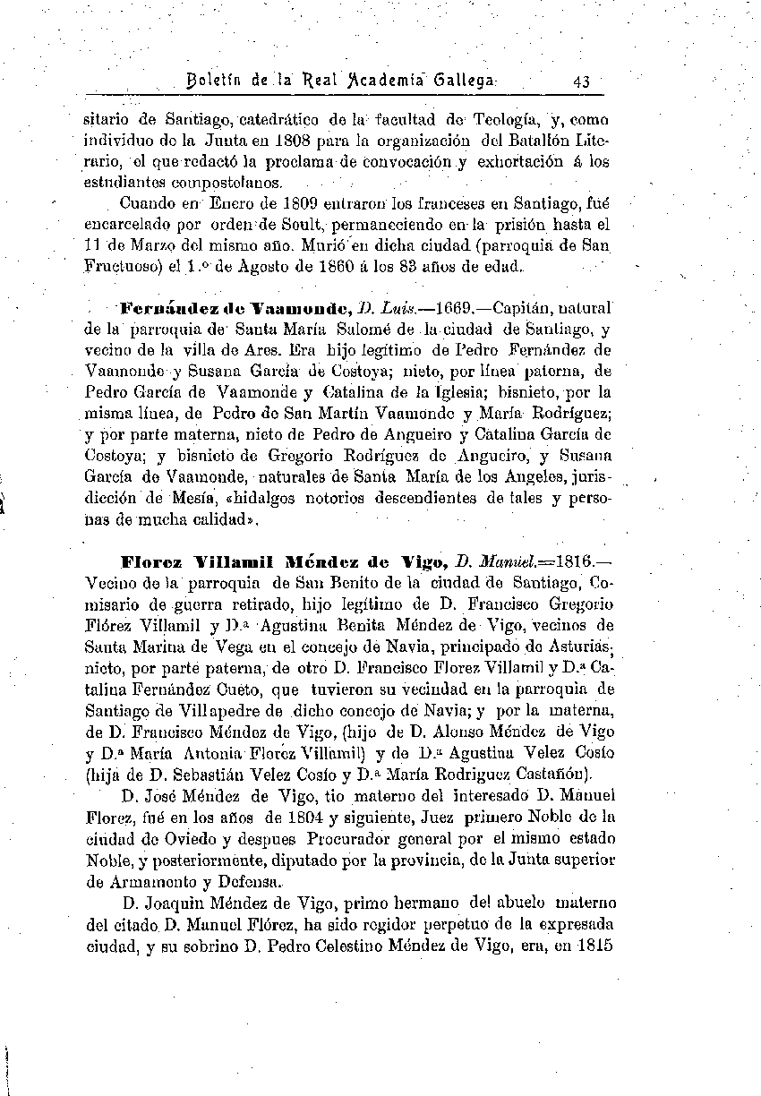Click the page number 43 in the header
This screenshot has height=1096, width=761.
point(582,81)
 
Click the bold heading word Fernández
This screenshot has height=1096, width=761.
point(164,308)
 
